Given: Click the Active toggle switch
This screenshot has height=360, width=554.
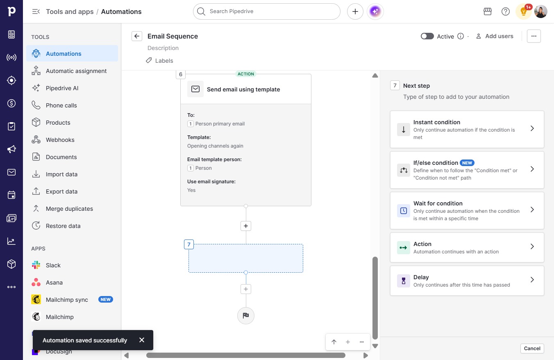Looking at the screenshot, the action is pos(427,36).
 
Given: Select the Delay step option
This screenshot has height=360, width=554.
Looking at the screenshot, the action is pos(467,280).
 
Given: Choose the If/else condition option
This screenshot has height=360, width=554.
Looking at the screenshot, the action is pos(467,170).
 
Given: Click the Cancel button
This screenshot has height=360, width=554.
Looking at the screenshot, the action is pos(532,349).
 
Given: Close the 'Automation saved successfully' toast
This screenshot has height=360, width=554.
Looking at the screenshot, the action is pos(142,340).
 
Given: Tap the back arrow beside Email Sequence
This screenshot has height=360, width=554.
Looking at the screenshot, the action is pos(137,36).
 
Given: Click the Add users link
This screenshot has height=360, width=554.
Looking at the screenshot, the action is pos(495,36).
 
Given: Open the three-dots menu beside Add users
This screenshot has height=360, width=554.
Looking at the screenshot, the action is pos(534,36).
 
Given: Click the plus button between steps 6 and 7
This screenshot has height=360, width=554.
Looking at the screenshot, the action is pos(246,226).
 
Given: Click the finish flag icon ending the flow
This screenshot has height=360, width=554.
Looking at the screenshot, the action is pos(246,315).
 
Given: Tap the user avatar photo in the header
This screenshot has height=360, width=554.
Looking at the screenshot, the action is pos(540,11).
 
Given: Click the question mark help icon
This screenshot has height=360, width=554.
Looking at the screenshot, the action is pos(506,11).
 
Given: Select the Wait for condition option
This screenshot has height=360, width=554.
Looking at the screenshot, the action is pos(467,211).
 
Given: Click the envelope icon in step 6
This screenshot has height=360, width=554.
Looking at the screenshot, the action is pos(195,89).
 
